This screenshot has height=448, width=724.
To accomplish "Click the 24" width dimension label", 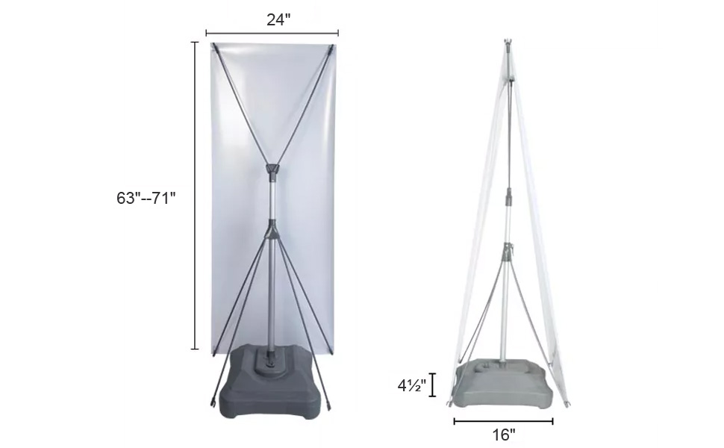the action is tap(278, 19).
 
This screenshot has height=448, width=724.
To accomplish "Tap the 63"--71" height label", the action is tap(146, 198).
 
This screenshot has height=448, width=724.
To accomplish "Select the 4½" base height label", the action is tap(412, 385).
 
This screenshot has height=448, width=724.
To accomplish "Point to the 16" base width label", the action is tap(503, 434).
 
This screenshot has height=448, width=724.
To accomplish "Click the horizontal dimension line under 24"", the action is tap(272, 33).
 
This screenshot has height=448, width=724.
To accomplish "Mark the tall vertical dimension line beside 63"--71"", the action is tap(195, 196).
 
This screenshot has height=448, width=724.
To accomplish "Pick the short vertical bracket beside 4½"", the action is tap(433, 385).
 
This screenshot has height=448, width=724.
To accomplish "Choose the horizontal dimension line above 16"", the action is tap(503, 421).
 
